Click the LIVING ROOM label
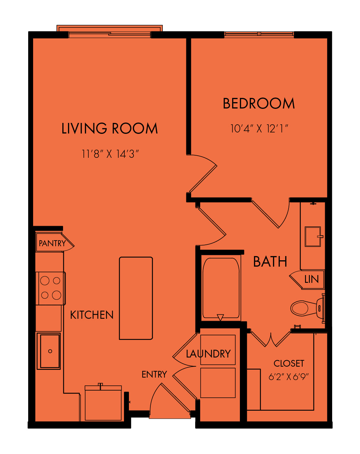110,128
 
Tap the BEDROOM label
259,103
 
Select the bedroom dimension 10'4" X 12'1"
259,129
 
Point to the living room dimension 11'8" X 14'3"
110,154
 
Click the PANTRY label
52,243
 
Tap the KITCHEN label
92,315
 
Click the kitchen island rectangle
136,298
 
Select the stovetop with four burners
51,288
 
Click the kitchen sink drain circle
50,351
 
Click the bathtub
221,288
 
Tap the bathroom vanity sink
313,236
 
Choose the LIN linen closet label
311,279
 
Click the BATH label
270,262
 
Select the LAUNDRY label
208,354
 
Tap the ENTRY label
154,374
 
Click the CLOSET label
289,363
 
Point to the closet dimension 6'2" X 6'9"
289,377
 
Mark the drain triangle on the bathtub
220,317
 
